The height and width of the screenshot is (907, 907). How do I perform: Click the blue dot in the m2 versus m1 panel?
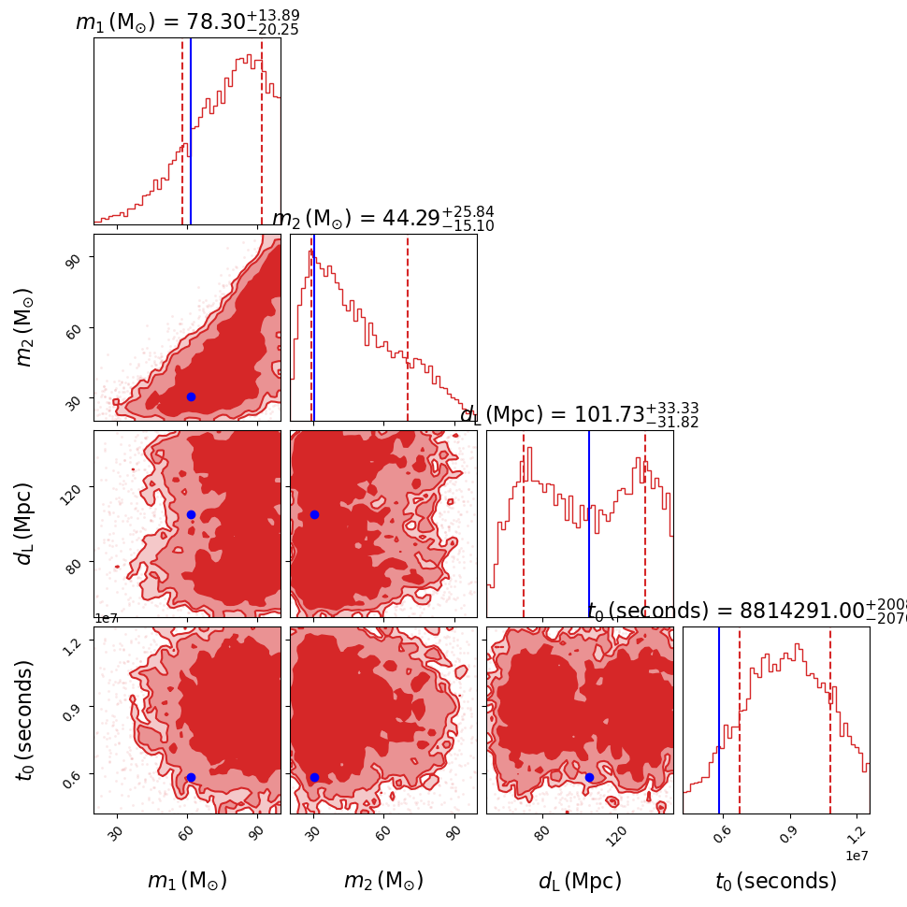191,396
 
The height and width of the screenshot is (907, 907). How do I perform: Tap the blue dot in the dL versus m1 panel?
191,514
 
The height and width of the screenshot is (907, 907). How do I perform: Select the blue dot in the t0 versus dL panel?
589,777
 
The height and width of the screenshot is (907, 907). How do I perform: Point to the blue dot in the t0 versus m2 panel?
314,777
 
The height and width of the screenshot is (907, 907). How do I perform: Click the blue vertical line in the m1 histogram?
191,131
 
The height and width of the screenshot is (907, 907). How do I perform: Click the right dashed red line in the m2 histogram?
408,327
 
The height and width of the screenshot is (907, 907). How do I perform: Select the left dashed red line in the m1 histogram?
182,131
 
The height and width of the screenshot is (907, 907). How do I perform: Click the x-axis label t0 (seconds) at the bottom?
776,881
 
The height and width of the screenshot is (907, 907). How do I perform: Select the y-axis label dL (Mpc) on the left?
24,523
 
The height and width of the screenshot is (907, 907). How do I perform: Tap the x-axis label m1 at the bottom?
187,881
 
